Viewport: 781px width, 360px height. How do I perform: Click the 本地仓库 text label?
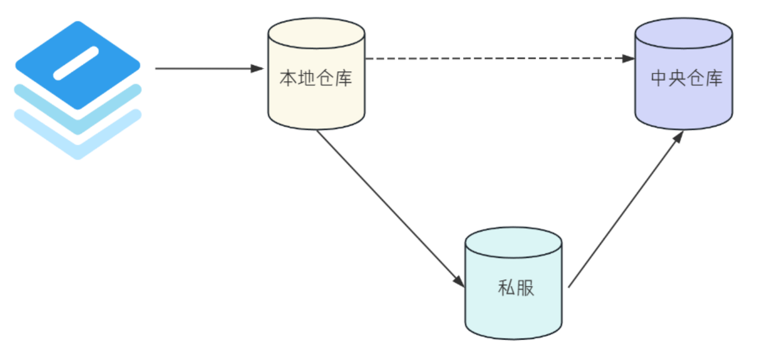pyautogui.click(x=316, y=79)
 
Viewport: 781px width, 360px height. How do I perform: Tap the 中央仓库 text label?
pyautogui.click(x=686, y=79)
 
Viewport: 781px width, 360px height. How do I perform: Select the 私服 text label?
pyautogui.click(x=516, y=288)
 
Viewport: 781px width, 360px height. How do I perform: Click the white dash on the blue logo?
pyautogui.click(x=76, y=62)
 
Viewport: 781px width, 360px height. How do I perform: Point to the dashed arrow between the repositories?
pyautogui.click(x=497, y=58)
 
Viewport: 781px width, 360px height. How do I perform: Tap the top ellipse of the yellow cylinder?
pyautogui.click(x=316, y=32)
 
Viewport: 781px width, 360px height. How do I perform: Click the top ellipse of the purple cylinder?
pyautogui.click(x=684, y=33)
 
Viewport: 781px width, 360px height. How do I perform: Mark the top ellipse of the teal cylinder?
pyautogui.click(x=513, y=242)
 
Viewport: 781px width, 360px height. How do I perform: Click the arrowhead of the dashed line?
pyautogui.click(x=628, y=58)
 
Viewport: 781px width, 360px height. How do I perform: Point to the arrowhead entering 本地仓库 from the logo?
pyautogui.click(x=258, y=69)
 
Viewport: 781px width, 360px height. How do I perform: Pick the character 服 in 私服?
pyautogui.click(x=525, y=288)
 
